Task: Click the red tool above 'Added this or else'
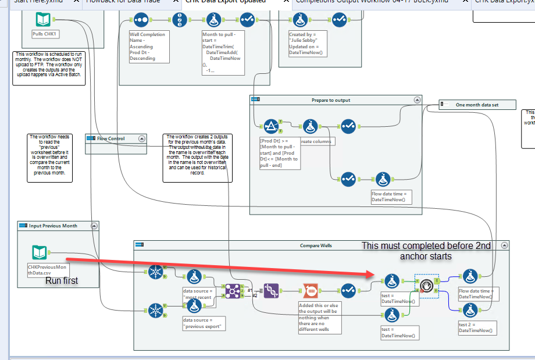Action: (310, 290)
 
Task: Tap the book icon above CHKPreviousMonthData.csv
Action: (40, 252)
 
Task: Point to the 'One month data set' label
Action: (477, 105)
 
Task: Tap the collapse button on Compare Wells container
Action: (504, 245)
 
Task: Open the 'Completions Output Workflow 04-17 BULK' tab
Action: (372, 2)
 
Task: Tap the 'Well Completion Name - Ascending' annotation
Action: (147, 47)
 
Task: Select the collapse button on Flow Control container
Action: (141, 138)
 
